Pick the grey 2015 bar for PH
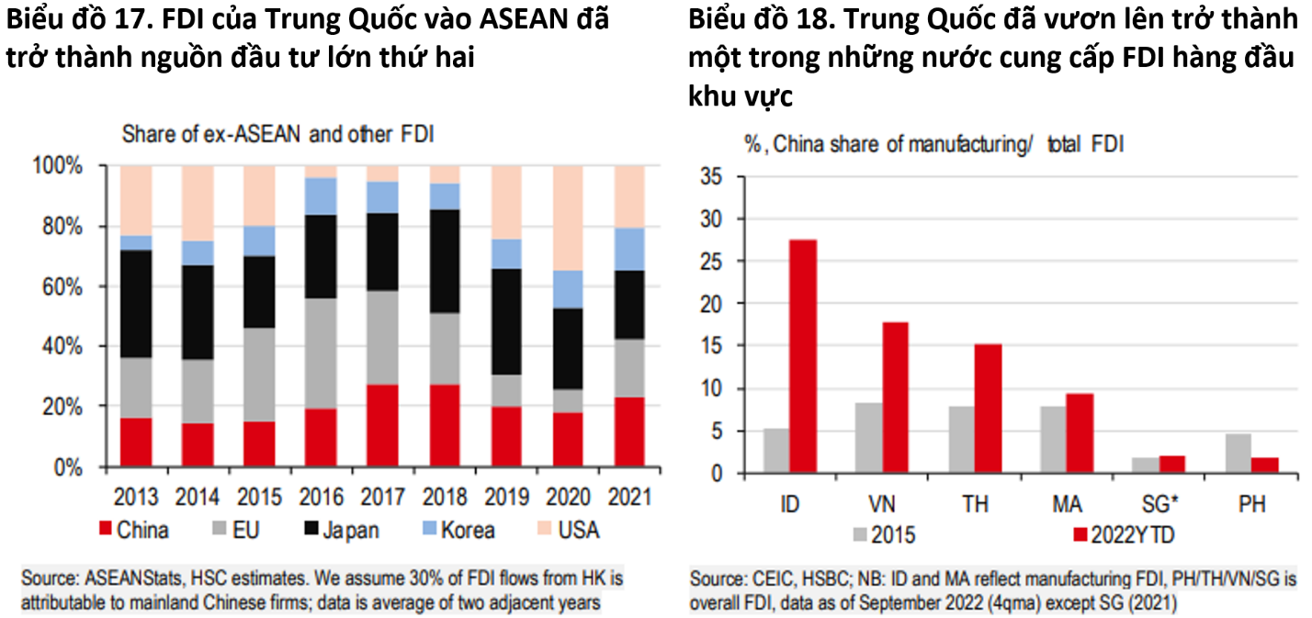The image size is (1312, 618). (1238, 454)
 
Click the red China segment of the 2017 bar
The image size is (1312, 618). (383, 425)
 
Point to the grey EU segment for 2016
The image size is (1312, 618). (321, 354)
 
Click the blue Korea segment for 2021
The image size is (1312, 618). (629, 249)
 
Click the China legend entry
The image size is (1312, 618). (133, 530)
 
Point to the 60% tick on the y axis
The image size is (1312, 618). (63, 287)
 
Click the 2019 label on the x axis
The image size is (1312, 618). (505, 498)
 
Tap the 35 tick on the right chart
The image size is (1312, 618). (713, 176)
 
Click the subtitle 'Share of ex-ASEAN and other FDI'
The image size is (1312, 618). (278, 134)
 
